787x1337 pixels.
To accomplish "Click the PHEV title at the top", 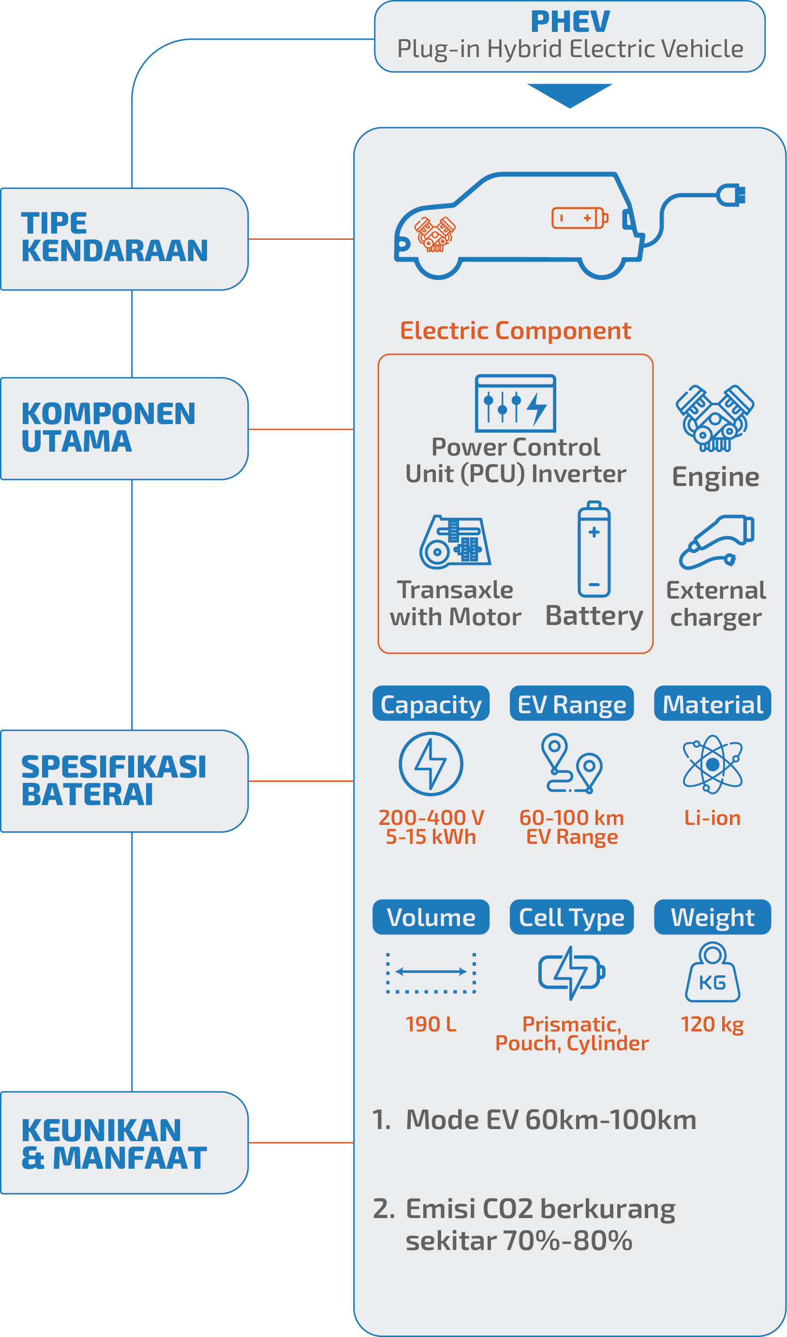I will pyautogui.click(x=570, y=22).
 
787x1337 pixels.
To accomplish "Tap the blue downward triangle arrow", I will pyautogui.click(x=569, y=94).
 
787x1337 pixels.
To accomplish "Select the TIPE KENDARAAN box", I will pyautogui.click(x=124, y=239).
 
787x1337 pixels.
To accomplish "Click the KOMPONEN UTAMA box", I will pyautogui.click(x=124, y=428).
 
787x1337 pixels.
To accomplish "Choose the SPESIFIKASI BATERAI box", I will pyautogui.click(x=124, y=780).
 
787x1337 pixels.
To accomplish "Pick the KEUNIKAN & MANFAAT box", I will pyautogui.click(x=124, y=1142).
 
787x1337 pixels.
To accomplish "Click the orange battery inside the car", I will pyautogui.click(x=579, y=218).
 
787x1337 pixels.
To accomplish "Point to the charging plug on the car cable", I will pyautogui.click(x=732, y=195).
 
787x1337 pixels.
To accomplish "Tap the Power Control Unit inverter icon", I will pyautogui.click(x=515, y=403).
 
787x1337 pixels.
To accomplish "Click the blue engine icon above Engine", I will pyautogui.click(x=715, y=418).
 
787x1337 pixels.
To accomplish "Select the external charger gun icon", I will pyautogui.click(x=717, y=541).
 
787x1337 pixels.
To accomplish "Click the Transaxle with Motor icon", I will pyautogui.click(x=455, y=542).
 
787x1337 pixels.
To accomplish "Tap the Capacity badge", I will pyautogui.click(x=431, y=704).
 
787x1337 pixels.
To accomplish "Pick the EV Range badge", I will pyautogui.click(x=572, y=704).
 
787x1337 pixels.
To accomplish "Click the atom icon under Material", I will pyautogui.click(x=712, y=764).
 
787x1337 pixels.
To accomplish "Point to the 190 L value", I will pyautogui.click(x=431, y=1024).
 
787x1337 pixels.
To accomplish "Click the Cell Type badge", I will pyautogui.click(x=572, y=917).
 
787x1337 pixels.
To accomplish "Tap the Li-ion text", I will pyautogui.click(x=712, y=818).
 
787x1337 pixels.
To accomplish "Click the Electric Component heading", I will pyautogui.click(x=515, y=331).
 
